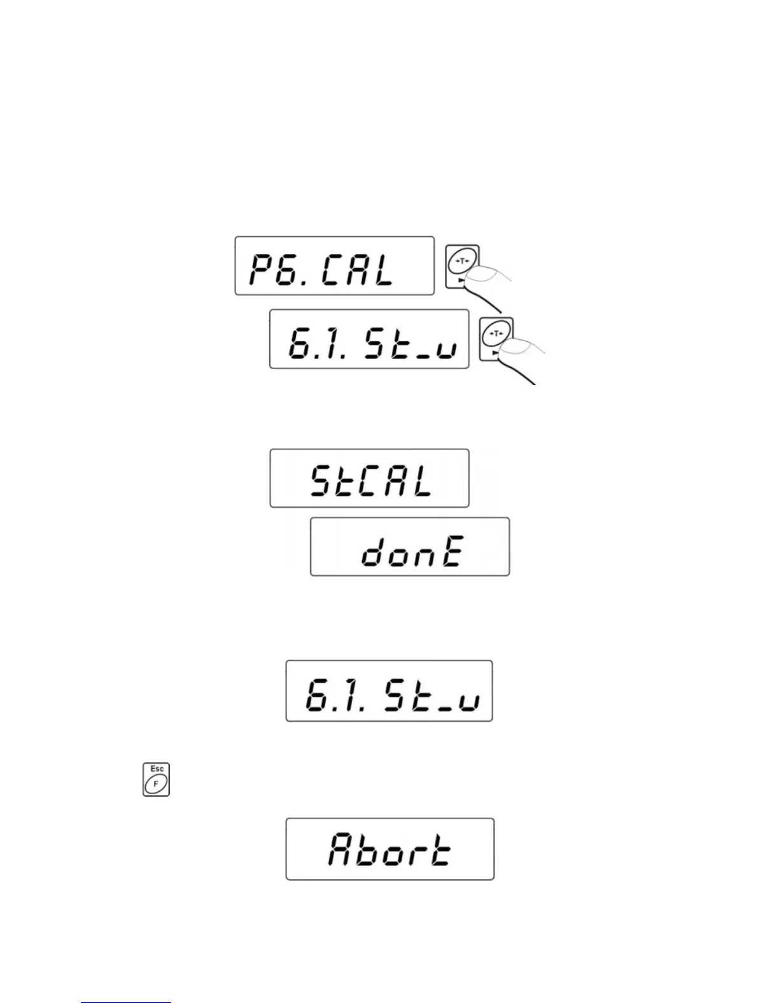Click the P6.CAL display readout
click(x=334, y=266)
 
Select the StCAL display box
click(x=369, y=478)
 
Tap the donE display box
click(x=410, y=547)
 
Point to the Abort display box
click(x=389, y=849)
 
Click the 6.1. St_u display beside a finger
click(x=369, y=339)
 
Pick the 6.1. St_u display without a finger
click(x=389, y=691)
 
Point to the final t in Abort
click(x=440, y=851)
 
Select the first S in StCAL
click(x=323, y=481)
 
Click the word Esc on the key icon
click(x=157, y=769)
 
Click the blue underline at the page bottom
click(x=126, y=1003)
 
